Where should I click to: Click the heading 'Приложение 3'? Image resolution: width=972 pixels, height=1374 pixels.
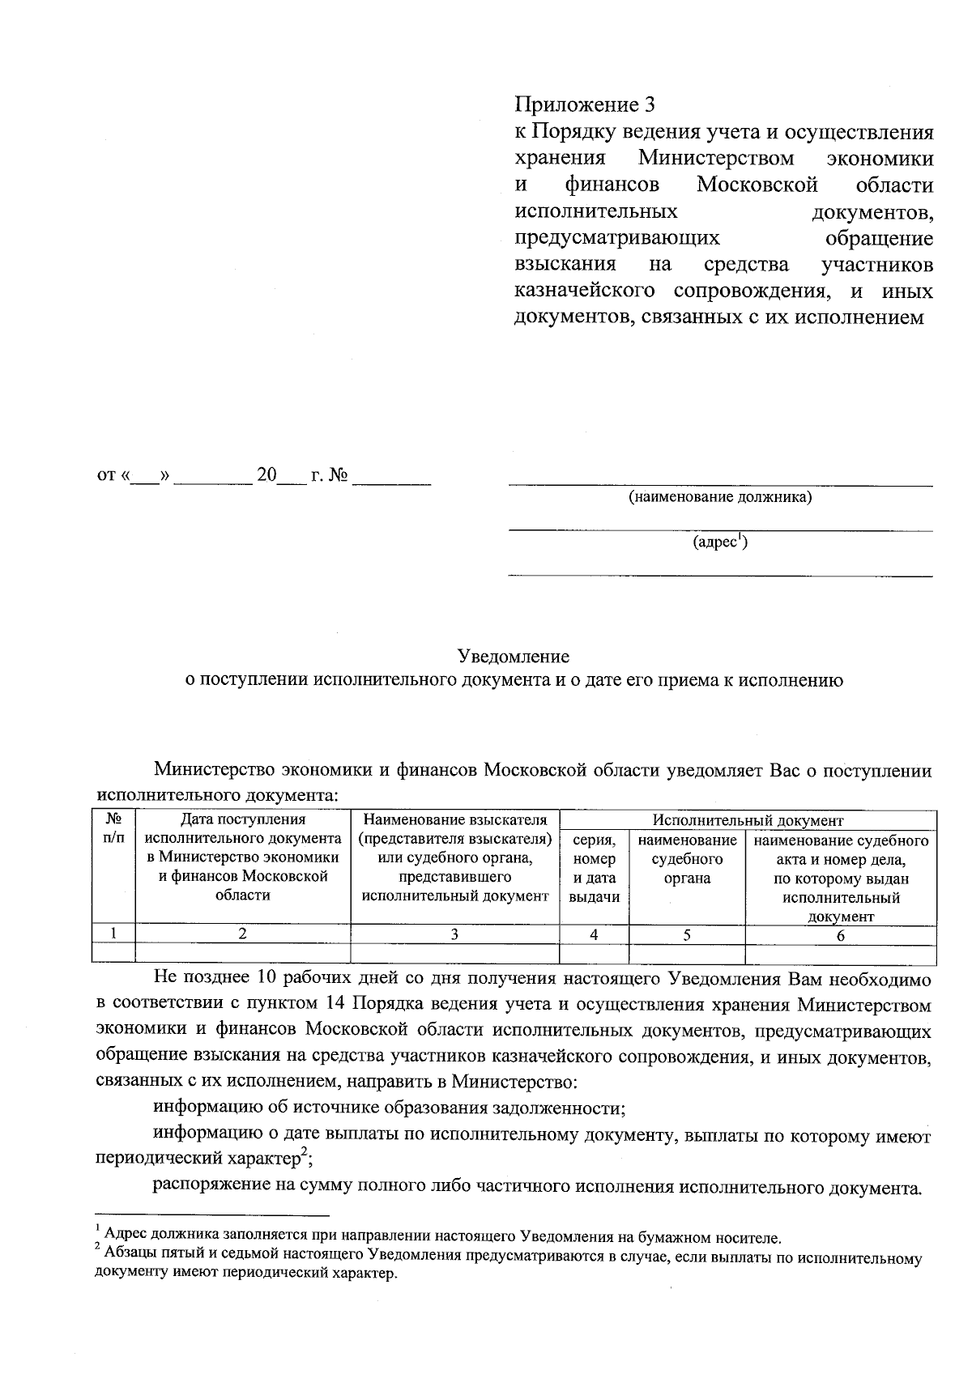(x=583, y=105)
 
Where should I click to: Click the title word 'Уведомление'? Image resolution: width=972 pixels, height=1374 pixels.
(x=514, y=656)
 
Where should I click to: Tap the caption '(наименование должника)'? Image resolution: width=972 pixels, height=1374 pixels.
(x=720, y=497)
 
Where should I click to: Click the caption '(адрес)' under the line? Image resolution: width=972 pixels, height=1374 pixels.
(x=719, y=542)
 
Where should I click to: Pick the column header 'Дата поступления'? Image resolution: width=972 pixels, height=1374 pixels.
(x=242, y=820)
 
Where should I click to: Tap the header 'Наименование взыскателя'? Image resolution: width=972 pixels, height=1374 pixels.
(x=455, y=820)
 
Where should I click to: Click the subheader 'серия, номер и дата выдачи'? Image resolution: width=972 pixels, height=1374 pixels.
(x=594, y=869)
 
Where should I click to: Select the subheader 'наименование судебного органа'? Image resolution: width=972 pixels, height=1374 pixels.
(x=687, y=859)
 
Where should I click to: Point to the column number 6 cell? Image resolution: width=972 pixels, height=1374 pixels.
(x=840, y=934)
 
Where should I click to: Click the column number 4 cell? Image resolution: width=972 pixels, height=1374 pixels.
(x=594, y=934)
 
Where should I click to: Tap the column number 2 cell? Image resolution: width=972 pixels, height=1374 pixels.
(x=242, y=934)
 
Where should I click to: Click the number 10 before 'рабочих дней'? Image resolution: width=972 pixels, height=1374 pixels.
(x=269, y=979)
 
